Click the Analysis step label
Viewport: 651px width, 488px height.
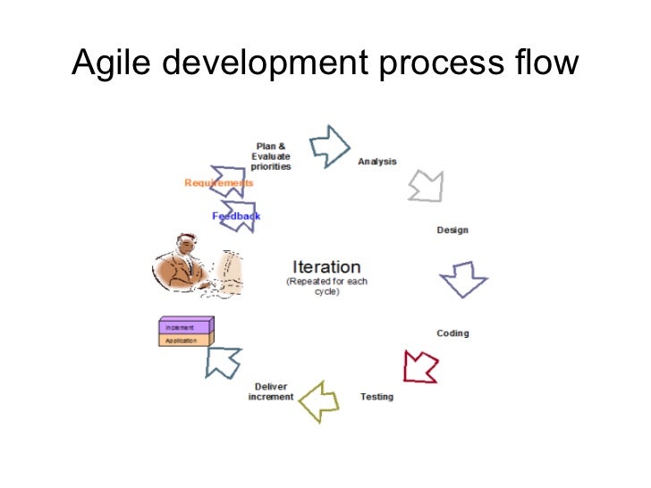(x=377, y=162)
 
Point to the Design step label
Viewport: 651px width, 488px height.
(x=452, y=231)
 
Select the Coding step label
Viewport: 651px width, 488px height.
(x=452, y=333)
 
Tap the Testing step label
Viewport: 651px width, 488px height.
(x=376, y=397)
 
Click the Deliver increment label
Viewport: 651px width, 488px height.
(x=271, y=392)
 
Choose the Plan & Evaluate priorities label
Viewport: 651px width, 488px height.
(x=271, y=156)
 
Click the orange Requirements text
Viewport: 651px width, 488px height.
(x=218, y=183)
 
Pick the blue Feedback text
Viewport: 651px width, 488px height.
(x=236, y=216)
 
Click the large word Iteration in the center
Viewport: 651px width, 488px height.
(x=326, y=267)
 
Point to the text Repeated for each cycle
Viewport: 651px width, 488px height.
(x=326, y=287)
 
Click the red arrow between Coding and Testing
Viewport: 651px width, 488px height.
(x=420, y=365)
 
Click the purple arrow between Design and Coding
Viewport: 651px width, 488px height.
(x=463, y=280)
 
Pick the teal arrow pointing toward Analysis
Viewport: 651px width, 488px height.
(x=329, y=143)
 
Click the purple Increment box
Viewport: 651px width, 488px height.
(x=185, y=326)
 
